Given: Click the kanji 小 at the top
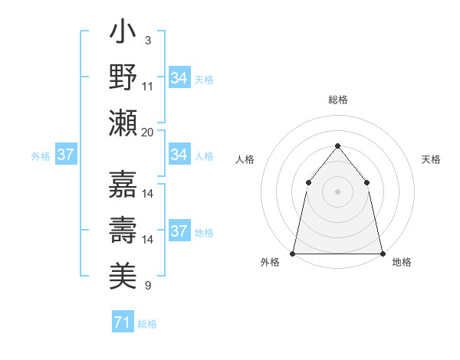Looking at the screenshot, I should (123, 34).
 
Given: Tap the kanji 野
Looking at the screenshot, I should (123, 77).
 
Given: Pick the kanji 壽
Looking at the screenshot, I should (123, 230).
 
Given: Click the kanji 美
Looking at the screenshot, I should (123, 274).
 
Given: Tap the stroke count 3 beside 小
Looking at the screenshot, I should (147, 40).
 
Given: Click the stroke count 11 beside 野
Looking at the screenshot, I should (149, 86).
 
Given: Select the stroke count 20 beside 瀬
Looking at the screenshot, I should (148, 132).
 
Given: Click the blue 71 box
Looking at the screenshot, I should (122, 322).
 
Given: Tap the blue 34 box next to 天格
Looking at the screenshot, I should (179, 78).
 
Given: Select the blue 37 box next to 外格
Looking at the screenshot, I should (65, 155).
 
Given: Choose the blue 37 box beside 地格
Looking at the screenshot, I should (179, 231).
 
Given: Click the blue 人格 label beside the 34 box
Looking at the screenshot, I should (204, 155).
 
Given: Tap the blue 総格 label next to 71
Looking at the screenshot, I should (147, 324).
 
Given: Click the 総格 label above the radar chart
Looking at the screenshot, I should (337, 100).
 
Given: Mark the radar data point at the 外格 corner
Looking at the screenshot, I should (293, 253).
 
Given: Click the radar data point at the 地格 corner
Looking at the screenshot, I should (382, 253).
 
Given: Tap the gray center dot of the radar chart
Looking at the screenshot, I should (337, 191).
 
